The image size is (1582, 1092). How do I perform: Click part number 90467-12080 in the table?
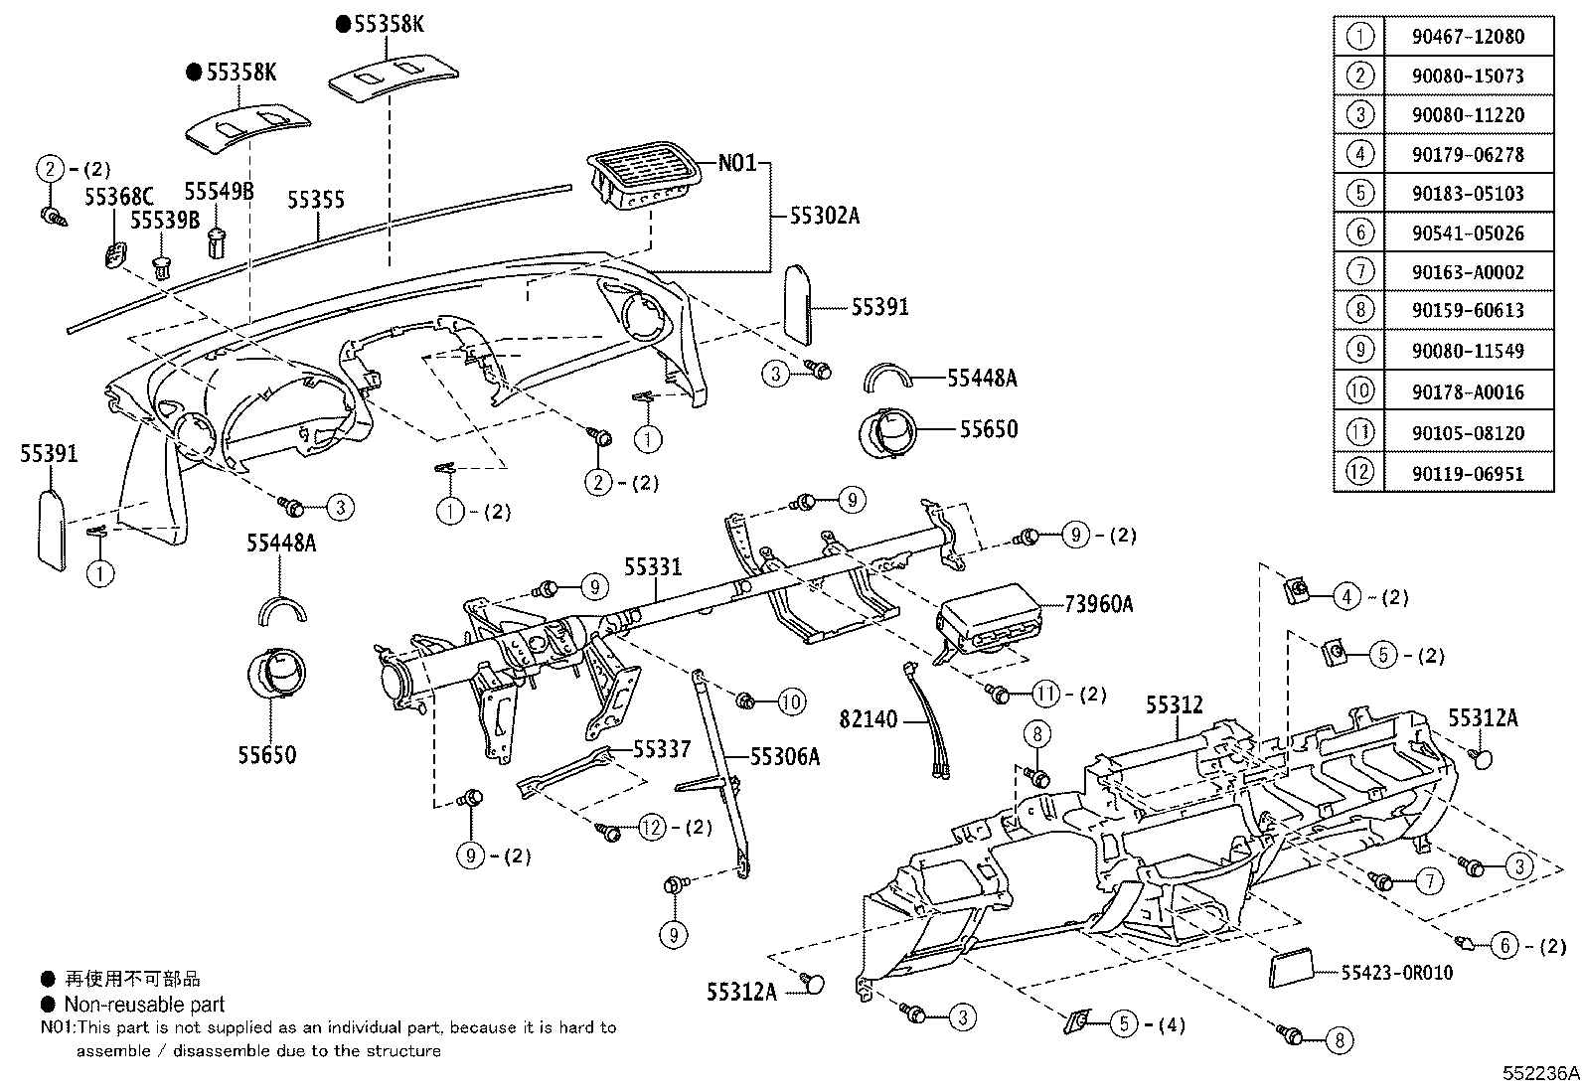pyautogui.click(x=1467, y=37)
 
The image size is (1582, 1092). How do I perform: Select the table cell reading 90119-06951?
pyautogui.click(x=1467, y=474)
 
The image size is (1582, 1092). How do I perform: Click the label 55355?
pyautogui.click(x=316, y=200)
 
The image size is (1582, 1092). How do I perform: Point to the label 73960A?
pyautogui.click(x=1098, y=603)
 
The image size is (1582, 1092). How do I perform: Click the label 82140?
pyautogui.click(x=868, y=718)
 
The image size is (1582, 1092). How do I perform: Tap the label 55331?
pyautogui.click(x=653, y=566)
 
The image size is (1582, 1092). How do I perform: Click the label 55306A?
pyautogui.click(x=784, y=757)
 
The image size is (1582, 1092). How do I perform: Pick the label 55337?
pyautogui.click(x=662, y=748)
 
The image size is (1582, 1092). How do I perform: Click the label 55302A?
pyautogui.click(x=824, y=214)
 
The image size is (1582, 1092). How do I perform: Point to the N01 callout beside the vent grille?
pyautogui.click(x=737, y=162)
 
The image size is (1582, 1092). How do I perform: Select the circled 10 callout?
pyautogui.click(x=790, y=703)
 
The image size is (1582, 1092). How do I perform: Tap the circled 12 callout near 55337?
pyautogui.click(x=652, y=827)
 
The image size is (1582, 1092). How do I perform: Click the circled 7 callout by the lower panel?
pyautogui.click(x=1428, y=880)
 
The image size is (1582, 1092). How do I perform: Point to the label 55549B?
pyautogui.click(x=219, y=191)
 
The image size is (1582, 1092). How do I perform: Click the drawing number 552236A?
pyautogui.click(x=1539, y=1073)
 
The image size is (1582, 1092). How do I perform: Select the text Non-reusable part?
pyautogui.click(x=144, y=1005)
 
